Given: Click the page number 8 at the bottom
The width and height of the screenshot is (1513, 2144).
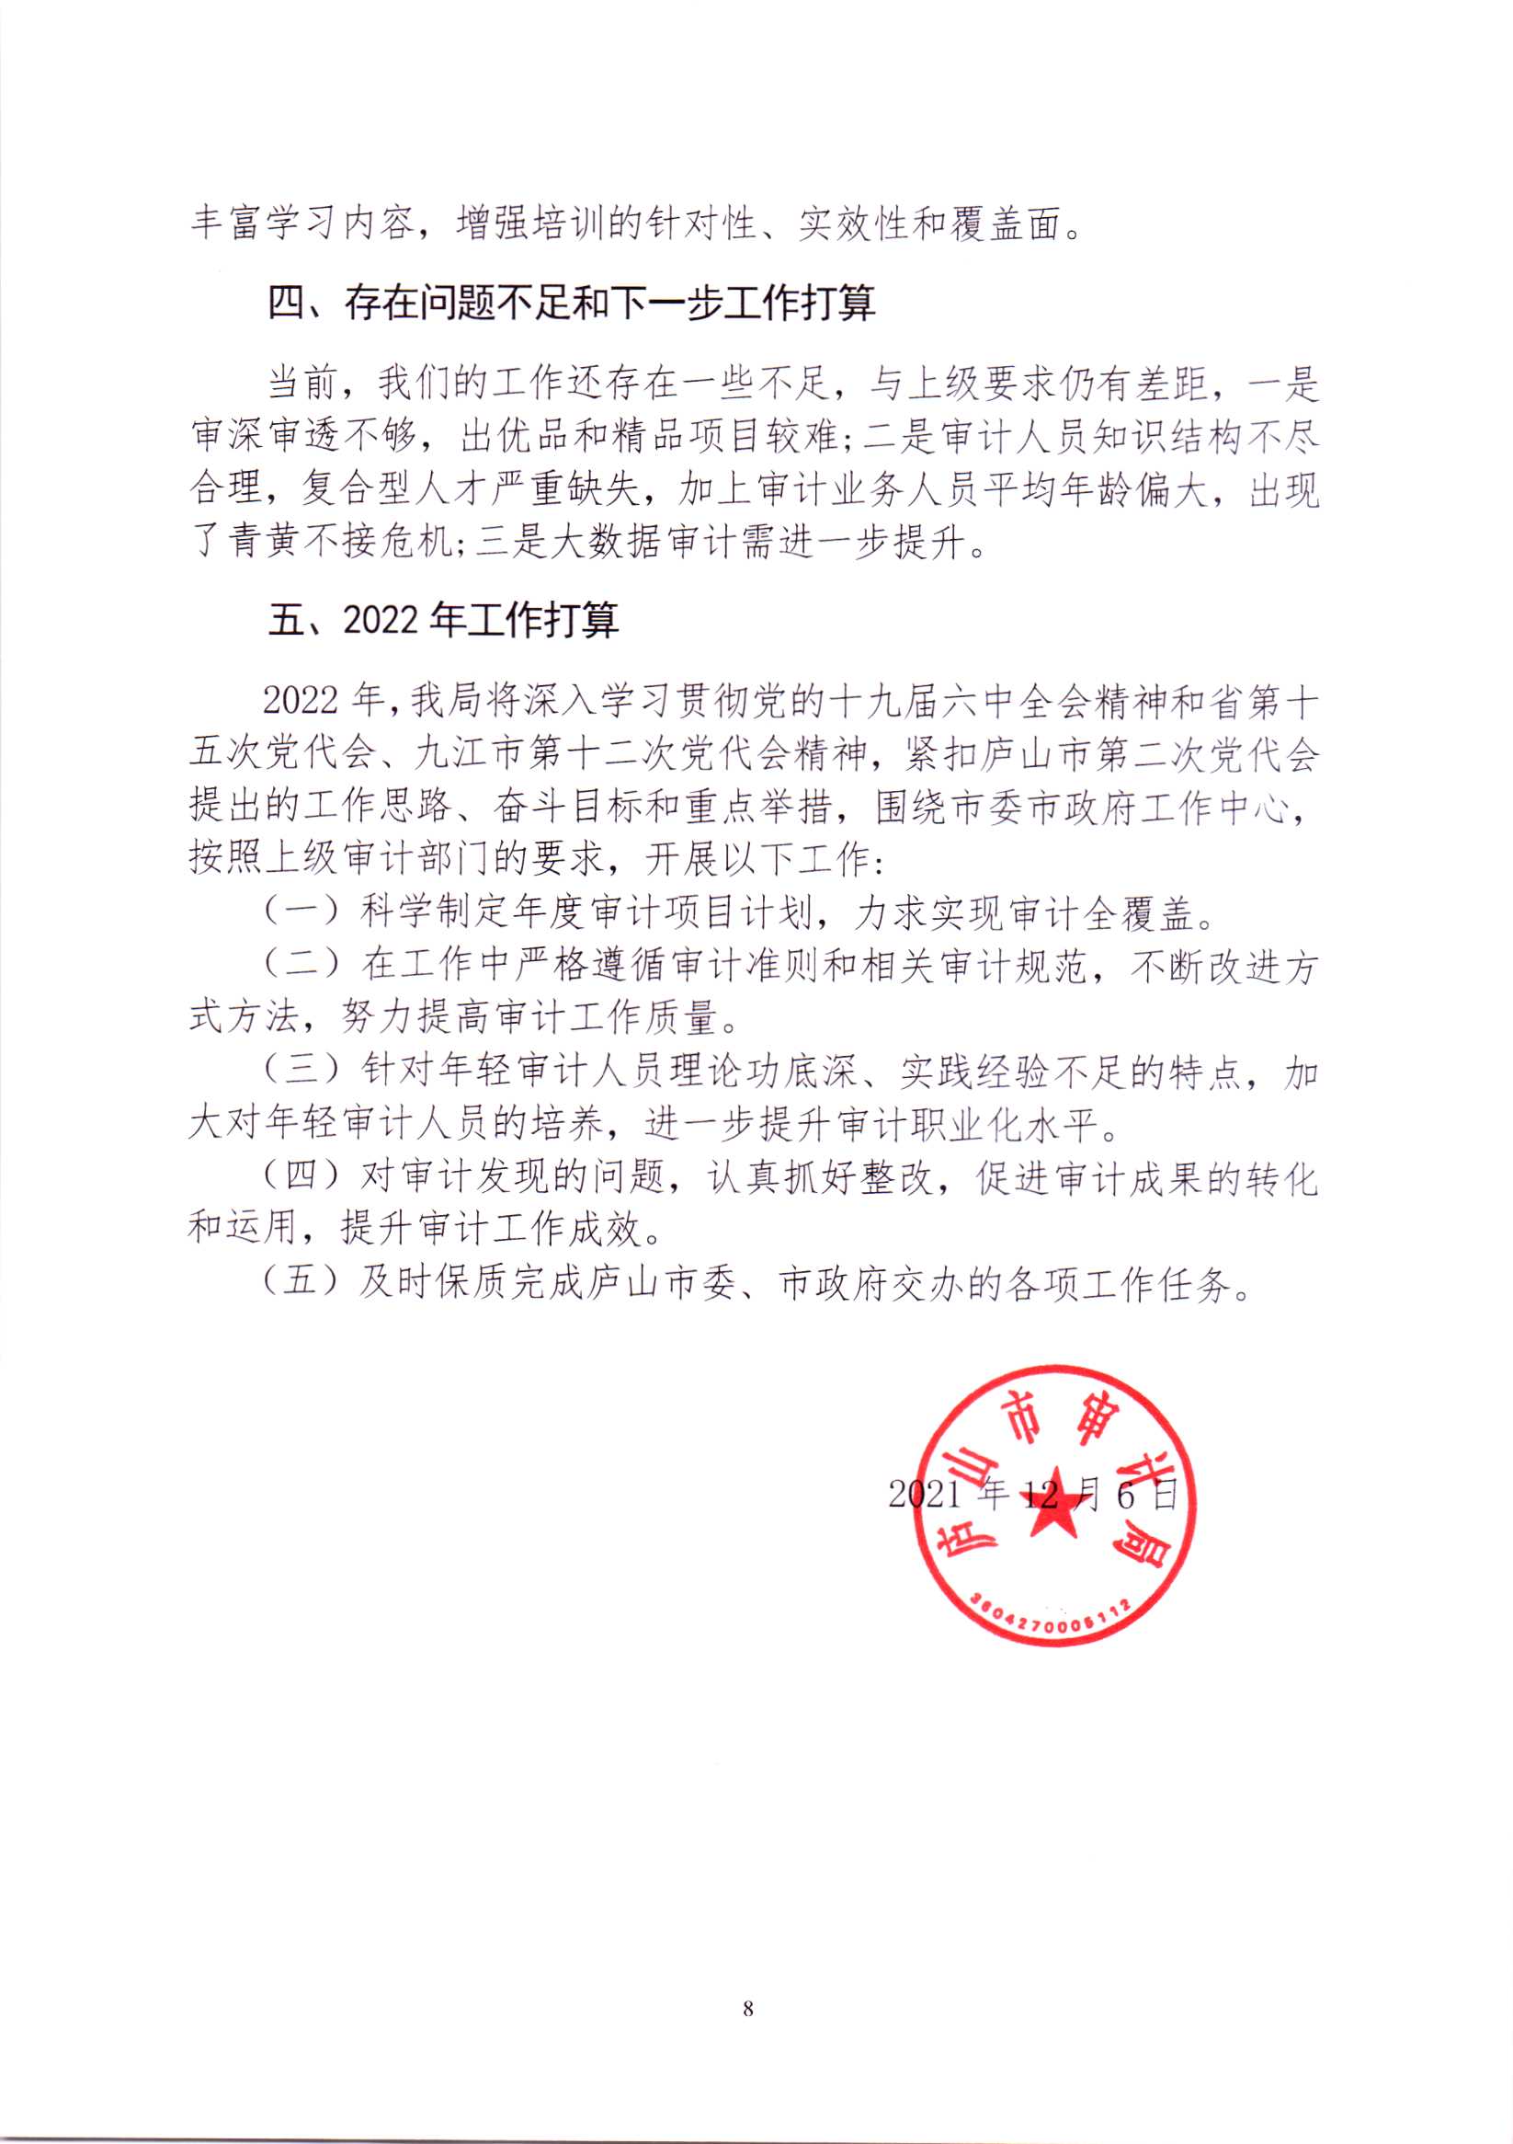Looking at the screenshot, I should click(747, 2009).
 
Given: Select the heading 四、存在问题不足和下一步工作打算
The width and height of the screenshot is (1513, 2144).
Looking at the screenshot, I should click(571, 303).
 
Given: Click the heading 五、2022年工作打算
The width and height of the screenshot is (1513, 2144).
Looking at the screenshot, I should click(442, 619).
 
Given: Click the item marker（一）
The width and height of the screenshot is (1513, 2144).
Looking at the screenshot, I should click(302, 911).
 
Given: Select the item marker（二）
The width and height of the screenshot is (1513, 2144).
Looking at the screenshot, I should click(302, 964).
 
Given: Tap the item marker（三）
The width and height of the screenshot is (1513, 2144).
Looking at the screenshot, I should click(302, 1070).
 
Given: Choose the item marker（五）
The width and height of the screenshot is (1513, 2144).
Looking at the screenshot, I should click(302, 1283).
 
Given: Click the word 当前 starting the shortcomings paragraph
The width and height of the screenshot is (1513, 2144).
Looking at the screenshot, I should click(302, 383).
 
